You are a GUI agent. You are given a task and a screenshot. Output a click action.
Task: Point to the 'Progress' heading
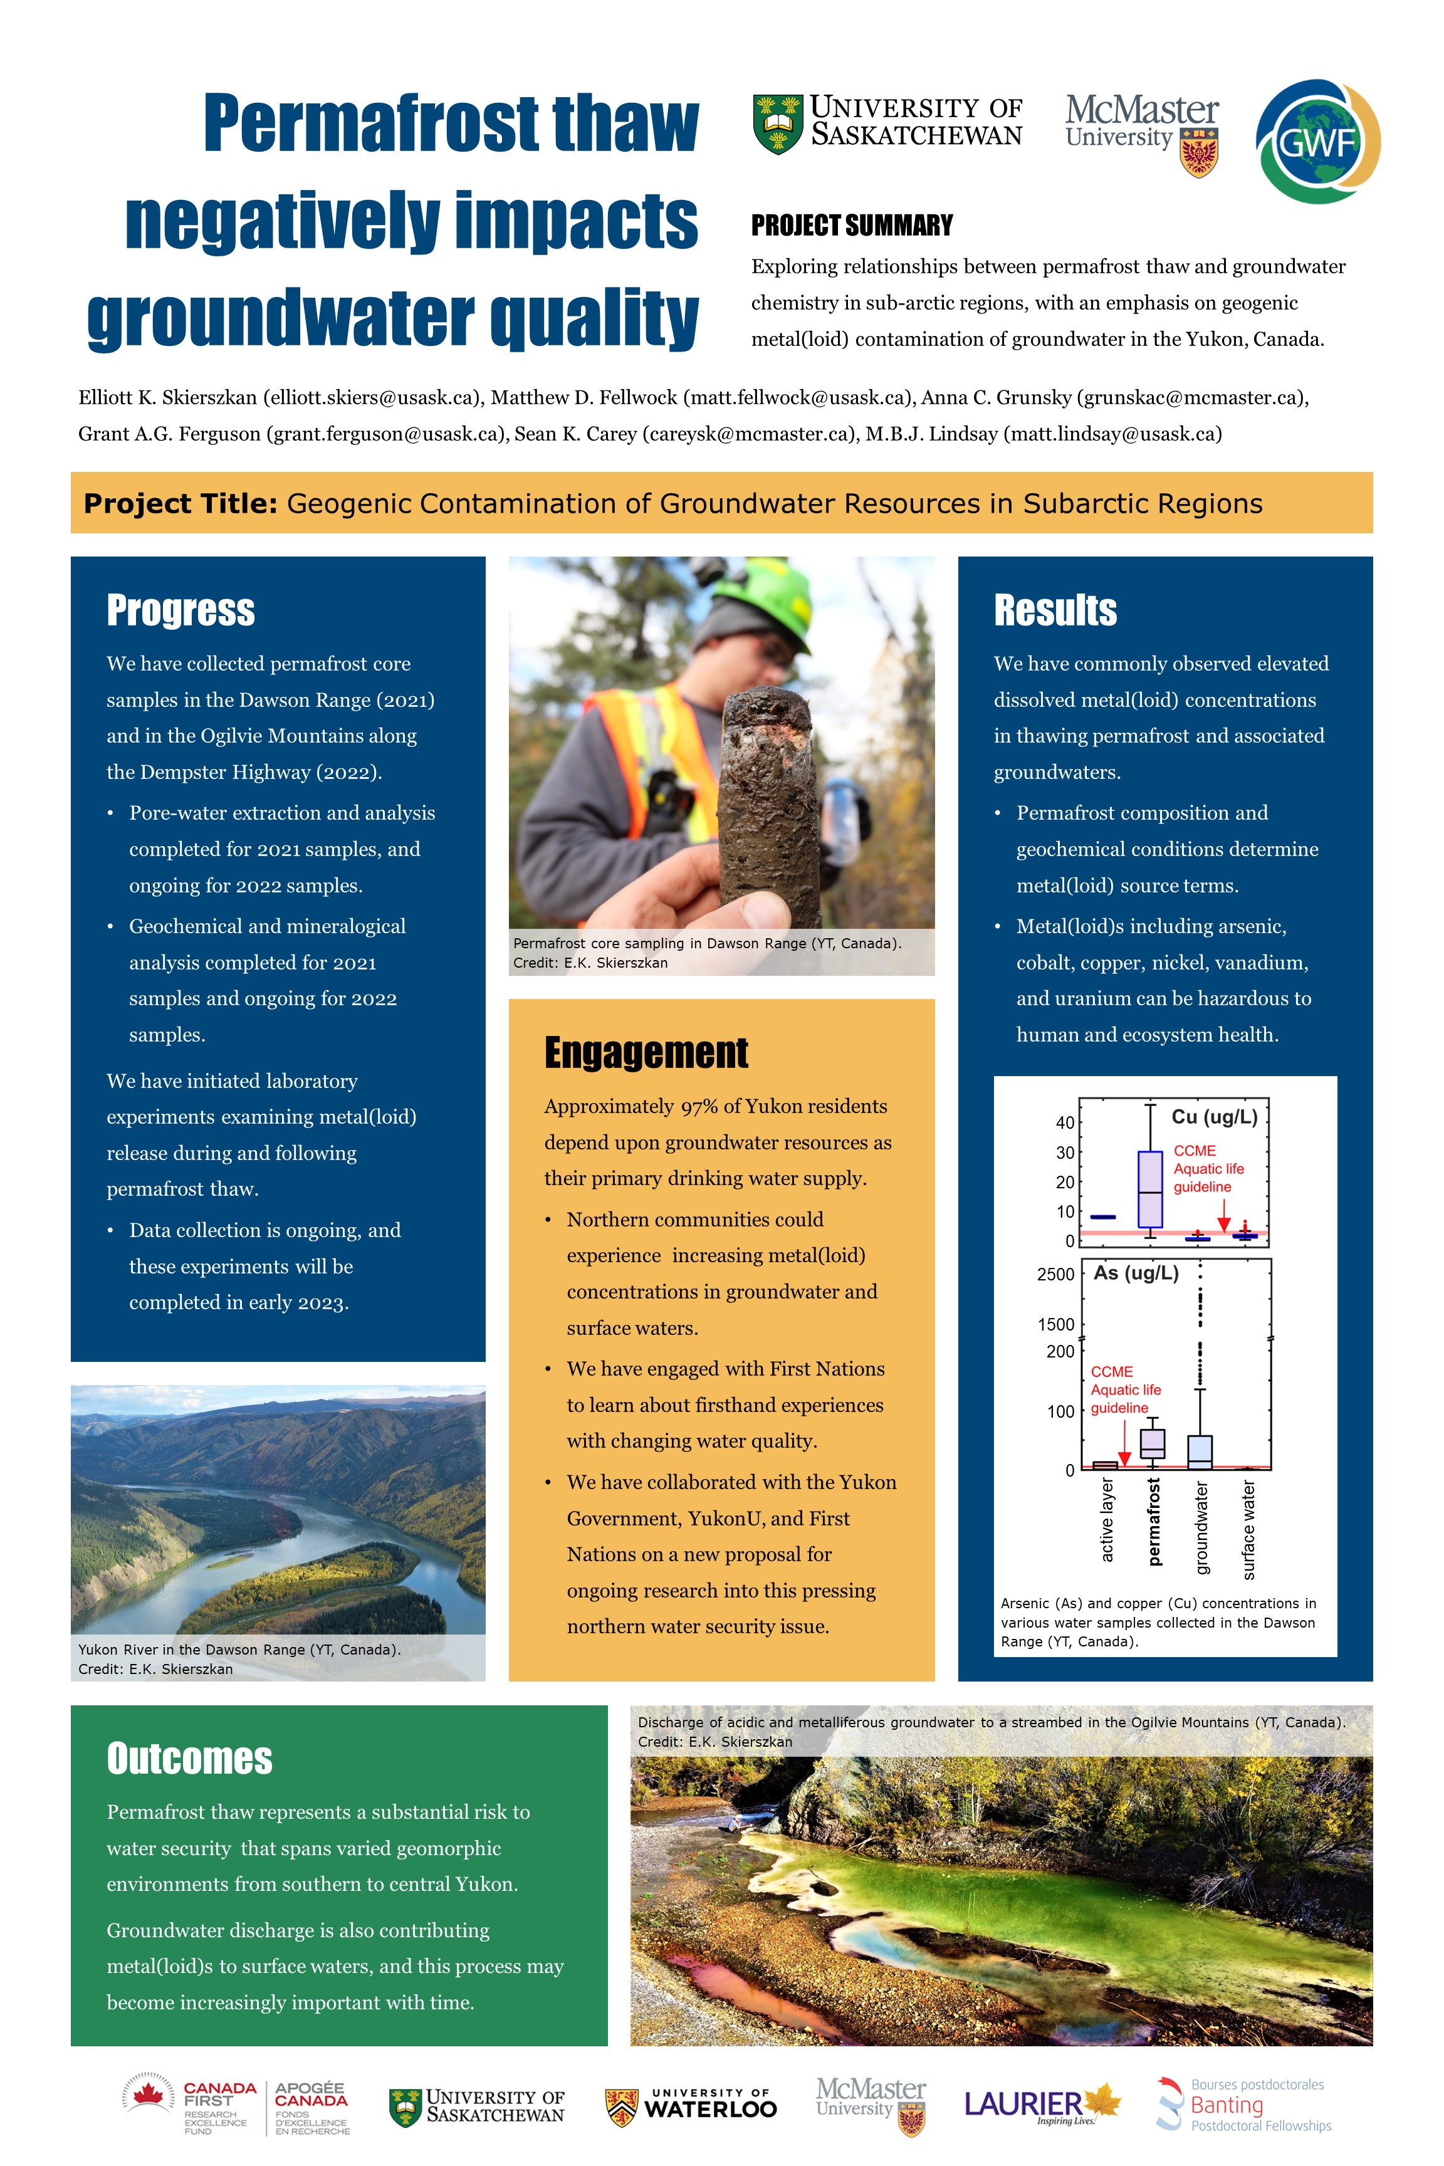pyautogui.click(x=180, y=610)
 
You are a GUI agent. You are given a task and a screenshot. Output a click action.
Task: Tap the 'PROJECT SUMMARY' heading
pyautogui.click(x=852, y=226)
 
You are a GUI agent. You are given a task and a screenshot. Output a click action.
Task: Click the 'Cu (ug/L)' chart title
pyautogui.click(x=1214, y=1117)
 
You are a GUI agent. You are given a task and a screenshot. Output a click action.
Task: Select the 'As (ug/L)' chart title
pyautogui.click(x=1136, y=1274)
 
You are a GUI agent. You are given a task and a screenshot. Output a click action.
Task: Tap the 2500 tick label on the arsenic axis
pyautogui.click(x=1055, y=1275)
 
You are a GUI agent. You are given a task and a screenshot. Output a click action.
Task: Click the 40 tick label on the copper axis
pyautogui.click(x=1065, y=1122)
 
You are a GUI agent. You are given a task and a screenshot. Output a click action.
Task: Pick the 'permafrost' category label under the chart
pyautogui.click(x=1154, y=1521)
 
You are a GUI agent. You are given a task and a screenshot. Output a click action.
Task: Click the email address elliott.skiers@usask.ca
pyautogui.click(x=373, y=398)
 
